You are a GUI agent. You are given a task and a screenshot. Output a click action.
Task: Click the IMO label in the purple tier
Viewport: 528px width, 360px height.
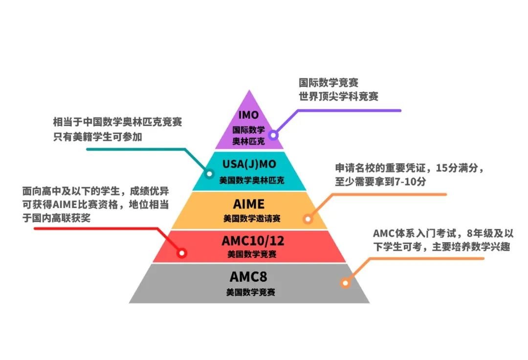(x=249, y=116)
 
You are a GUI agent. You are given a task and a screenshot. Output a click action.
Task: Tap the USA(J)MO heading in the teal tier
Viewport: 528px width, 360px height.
(x=249, y=164)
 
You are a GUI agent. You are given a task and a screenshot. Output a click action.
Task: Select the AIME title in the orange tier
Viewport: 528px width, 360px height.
(x=249, y=203)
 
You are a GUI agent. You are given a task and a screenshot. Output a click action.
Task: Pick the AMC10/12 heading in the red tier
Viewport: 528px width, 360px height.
(x=249, y=241)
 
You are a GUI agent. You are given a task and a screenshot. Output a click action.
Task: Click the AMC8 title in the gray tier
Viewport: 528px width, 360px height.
(x=249, y=277)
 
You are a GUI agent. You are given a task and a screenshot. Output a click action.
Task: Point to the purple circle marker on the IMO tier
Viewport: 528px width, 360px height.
(x=272, y=135)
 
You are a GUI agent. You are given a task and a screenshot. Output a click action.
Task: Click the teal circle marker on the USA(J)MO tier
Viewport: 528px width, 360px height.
(x=209, y=173)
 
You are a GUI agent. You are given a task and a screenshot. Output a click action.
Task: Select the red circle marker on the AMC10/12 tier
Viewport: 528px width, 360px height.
(x=182, y=253)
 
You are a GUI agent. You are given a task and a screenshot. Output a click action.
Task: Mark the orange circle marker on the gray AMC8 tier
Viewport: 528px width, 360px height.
(x=345, y=283)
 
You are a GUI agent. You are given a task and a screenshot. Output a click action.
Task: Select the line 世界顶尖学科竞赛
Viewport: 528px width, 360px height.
(x=338, y=96)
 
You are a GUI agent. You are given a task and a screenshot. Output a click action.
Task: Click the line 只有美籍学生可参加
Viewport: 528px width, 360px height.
(x=98, y=137)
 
